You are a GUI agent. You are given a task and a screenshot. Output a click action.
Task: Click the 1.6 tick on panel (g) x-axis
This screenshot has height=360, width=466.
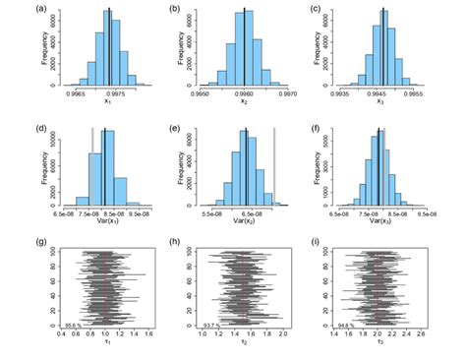(148, 335)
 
